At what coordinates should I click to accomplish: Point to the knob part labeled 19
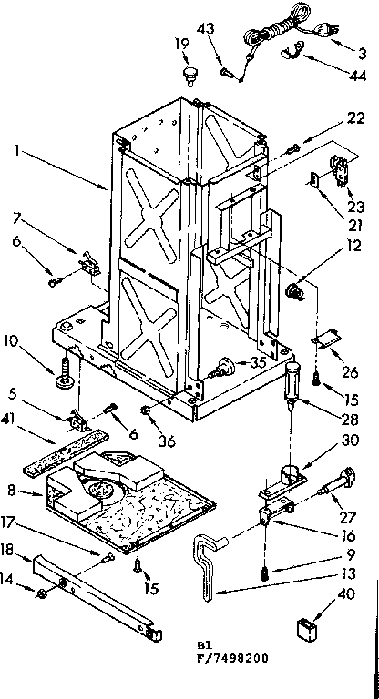(x=189, y=73)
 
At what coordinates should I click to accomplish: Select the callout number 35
(x=259, y=361)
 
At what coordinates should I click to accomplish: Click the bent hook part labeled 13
(x=208, y=571)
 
